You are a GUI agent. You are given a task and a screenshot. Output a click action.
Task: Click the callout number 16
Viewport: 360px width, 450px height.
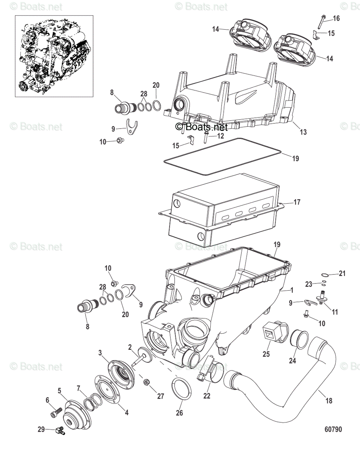(x=336, y=18)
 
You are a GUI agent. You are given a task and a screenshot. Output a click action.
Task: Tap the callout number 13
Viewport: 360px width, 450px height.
(x=303, y=132)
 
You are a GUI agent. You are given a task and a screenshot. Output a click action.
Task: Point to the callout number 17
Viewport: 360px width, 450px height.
(x=297, y=202)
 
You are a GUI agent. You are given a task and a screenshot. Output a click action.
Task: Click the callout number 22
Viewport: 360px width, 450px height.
(x=207, y=395)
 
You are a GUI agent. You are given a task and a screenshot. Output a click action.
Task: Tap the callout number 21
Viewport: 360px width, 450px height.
(x=342, y=274)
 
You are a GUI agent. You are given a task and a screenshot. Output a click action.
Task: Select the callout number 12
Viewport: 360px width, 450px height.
(x=220, y=136)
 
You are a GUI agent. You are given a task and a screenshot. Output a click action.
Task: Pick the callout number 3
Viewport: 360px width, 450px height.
(x=100, y=352)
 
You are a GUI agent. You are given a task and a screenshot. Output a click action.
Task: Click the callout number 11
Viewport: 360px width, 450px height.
(x=334, y=312)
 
